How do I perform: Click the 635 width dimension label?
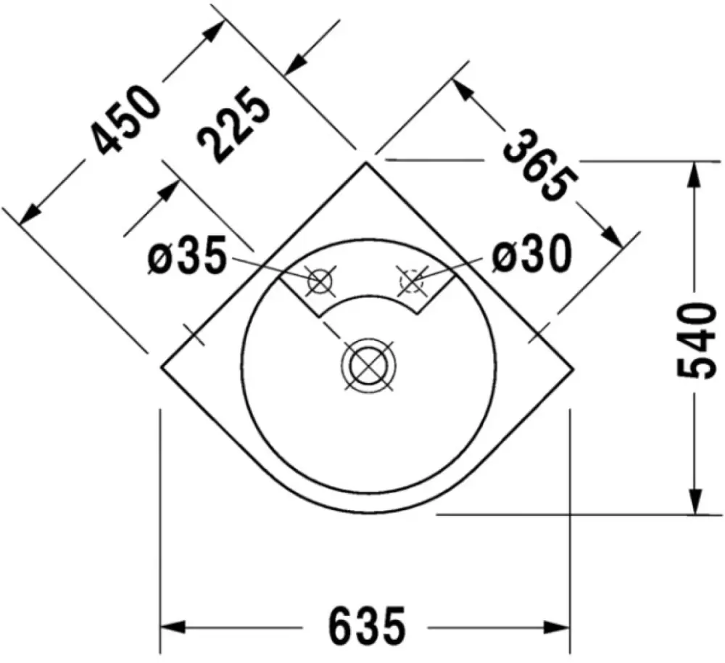tap(367, 627)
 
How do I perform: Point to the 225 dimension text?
tap(233, 124)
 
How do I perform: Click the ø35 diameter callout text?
tap(187, 255)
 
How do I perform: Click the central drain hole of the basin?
tap(368, 366)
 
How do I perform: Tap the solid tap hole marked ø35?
tap(320, 281)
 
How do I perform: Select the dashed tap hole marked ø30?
tap(412, 281)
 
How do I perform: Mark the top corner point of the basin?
tap(366, 162)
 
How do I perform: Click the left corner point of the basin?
tap(161, 367)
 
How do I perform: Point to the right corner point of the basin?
tap(573, 368)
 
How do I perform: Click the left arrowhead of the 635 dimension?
tap(172, 627)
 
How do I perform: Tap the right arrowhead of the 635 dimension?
tap(558, 627)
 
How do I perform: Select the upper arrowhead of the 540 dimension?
tap(694, 175)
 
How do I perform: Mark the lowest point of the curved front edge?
tap(368, 513)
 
